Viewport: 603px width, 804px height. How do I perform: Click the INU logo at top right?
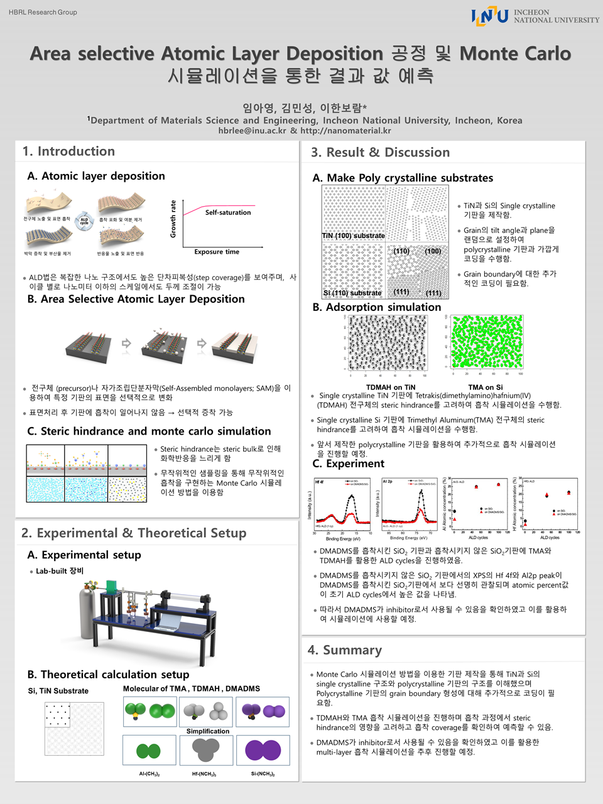[x=490, y=16]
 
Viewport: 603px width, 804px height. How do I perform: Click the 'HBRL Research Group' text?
[x=43, y=12]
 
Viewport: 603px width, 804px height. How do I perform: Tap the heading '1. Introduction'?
[x=68, y=151]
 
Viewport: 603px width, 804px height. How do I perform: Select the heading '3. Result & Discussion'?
[x=380, y=153]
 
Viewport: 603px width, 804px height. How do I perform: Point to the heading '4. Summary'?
[x=344, y=650]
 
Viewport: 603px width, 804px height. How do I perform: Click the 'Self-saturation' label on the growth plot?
[x=227, y=212]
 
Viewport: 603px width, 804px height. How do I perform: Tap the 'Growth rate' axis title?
[x=173, y=219]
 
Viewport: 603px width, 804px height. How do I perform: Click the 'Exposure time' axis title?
[x=217, y=252]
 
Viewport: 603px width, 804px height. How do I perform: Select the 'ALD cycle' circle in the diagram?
[x=84, y=221]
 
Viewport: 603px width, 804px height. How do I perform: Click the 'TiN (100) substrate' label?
[x=353, y=236]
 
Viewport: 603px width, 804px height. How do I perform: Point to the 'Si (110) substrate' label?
[x=352, y=293]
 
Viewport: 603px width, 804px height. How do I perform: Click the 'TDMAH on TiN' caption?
[x=391, y=387]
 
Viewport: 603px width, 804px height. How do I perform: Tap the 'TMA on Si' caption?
[x=486, y=387]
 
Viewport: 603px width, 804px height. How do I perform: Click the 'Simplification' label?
[x=208, y=731]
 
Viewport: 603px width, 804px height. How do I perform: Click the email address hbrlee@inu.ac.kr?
[x=252, y=131]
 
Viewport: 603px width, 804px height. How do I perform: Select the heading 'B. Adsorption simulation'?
[x=377, y=307]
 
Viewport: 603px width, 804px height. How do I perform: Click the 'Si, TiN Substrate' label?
[x=58, y=691]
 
